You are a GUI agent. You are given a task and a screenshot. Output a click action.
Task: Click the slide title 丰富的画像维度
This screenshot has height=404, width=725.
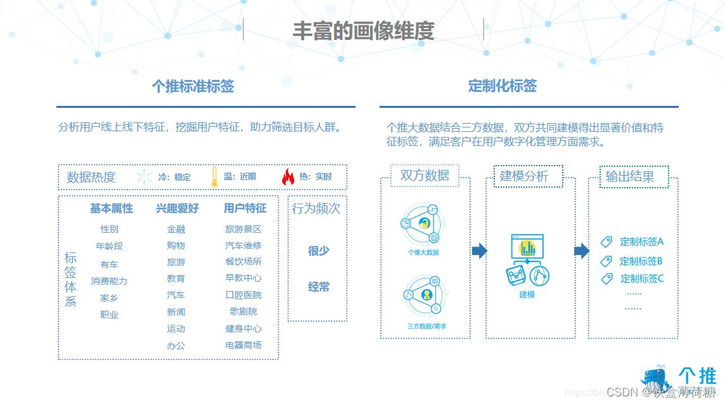(363, 31)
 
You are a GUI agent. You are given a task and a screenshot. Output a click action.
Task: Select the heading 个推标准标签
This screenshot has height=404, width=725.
(193, 86)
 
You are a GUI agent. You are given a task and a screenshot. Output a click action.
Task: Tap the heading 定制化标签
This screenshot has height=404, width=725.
(503, 86)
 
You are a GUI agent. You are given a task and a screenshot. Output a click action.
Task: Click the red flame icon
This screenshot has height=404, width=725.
(288, 177)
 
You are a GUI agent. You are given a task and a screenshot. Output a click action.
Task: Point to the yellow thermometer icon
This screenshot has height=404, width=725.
(214, 177)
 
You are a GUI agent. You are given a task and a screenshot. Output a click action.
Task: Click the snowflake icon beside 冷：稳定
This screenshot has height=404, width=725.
(144, 177)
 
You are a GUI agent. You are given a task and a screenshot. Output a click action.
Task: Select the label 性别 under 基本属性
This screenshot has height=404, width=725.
(109, 229)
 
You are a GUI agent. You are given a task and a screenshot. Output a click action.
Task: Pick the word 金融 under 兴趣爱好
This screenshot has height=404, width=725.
(176, 229)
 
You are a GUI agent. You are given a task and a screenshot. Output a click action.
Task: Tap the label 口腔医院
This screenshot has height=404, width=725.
(243, 295)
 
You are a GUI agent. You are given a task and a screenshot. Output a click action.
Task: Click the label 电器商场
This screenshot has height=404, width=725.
(243, 345)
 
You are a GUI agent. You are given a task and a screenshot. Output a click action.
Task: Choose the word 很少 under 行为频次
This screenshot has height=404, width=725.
(318, 251)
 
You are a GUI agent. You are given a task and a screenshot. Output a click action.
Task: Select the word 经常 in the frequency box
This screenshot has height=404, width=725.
(318, 287)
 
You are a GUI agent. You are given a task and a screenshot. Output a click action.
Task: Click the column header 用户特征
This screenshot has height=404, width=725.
(245, 208)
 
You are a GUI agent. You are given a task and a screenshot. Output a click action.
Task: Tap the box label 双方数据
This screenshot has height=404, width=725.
(425, 176)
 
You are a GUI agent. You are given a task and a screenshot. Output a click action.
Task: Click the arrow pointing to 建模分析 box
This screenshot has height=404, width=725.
(479, 251)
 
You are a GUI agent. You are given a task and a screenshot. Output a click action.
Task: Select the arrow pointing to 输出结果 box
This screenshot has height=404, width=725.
(581, 251)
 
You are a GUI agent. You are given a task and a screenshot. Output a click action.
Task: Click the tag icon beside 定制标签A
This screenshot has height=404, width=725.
(606, 242)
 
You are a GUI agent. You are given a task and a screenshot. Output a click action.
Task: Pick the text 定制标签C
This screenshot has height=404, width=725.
(641, 278)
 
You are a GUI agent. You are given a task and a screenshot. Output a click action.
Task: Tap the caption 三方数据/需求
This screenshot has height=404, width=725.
(426, 326)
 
